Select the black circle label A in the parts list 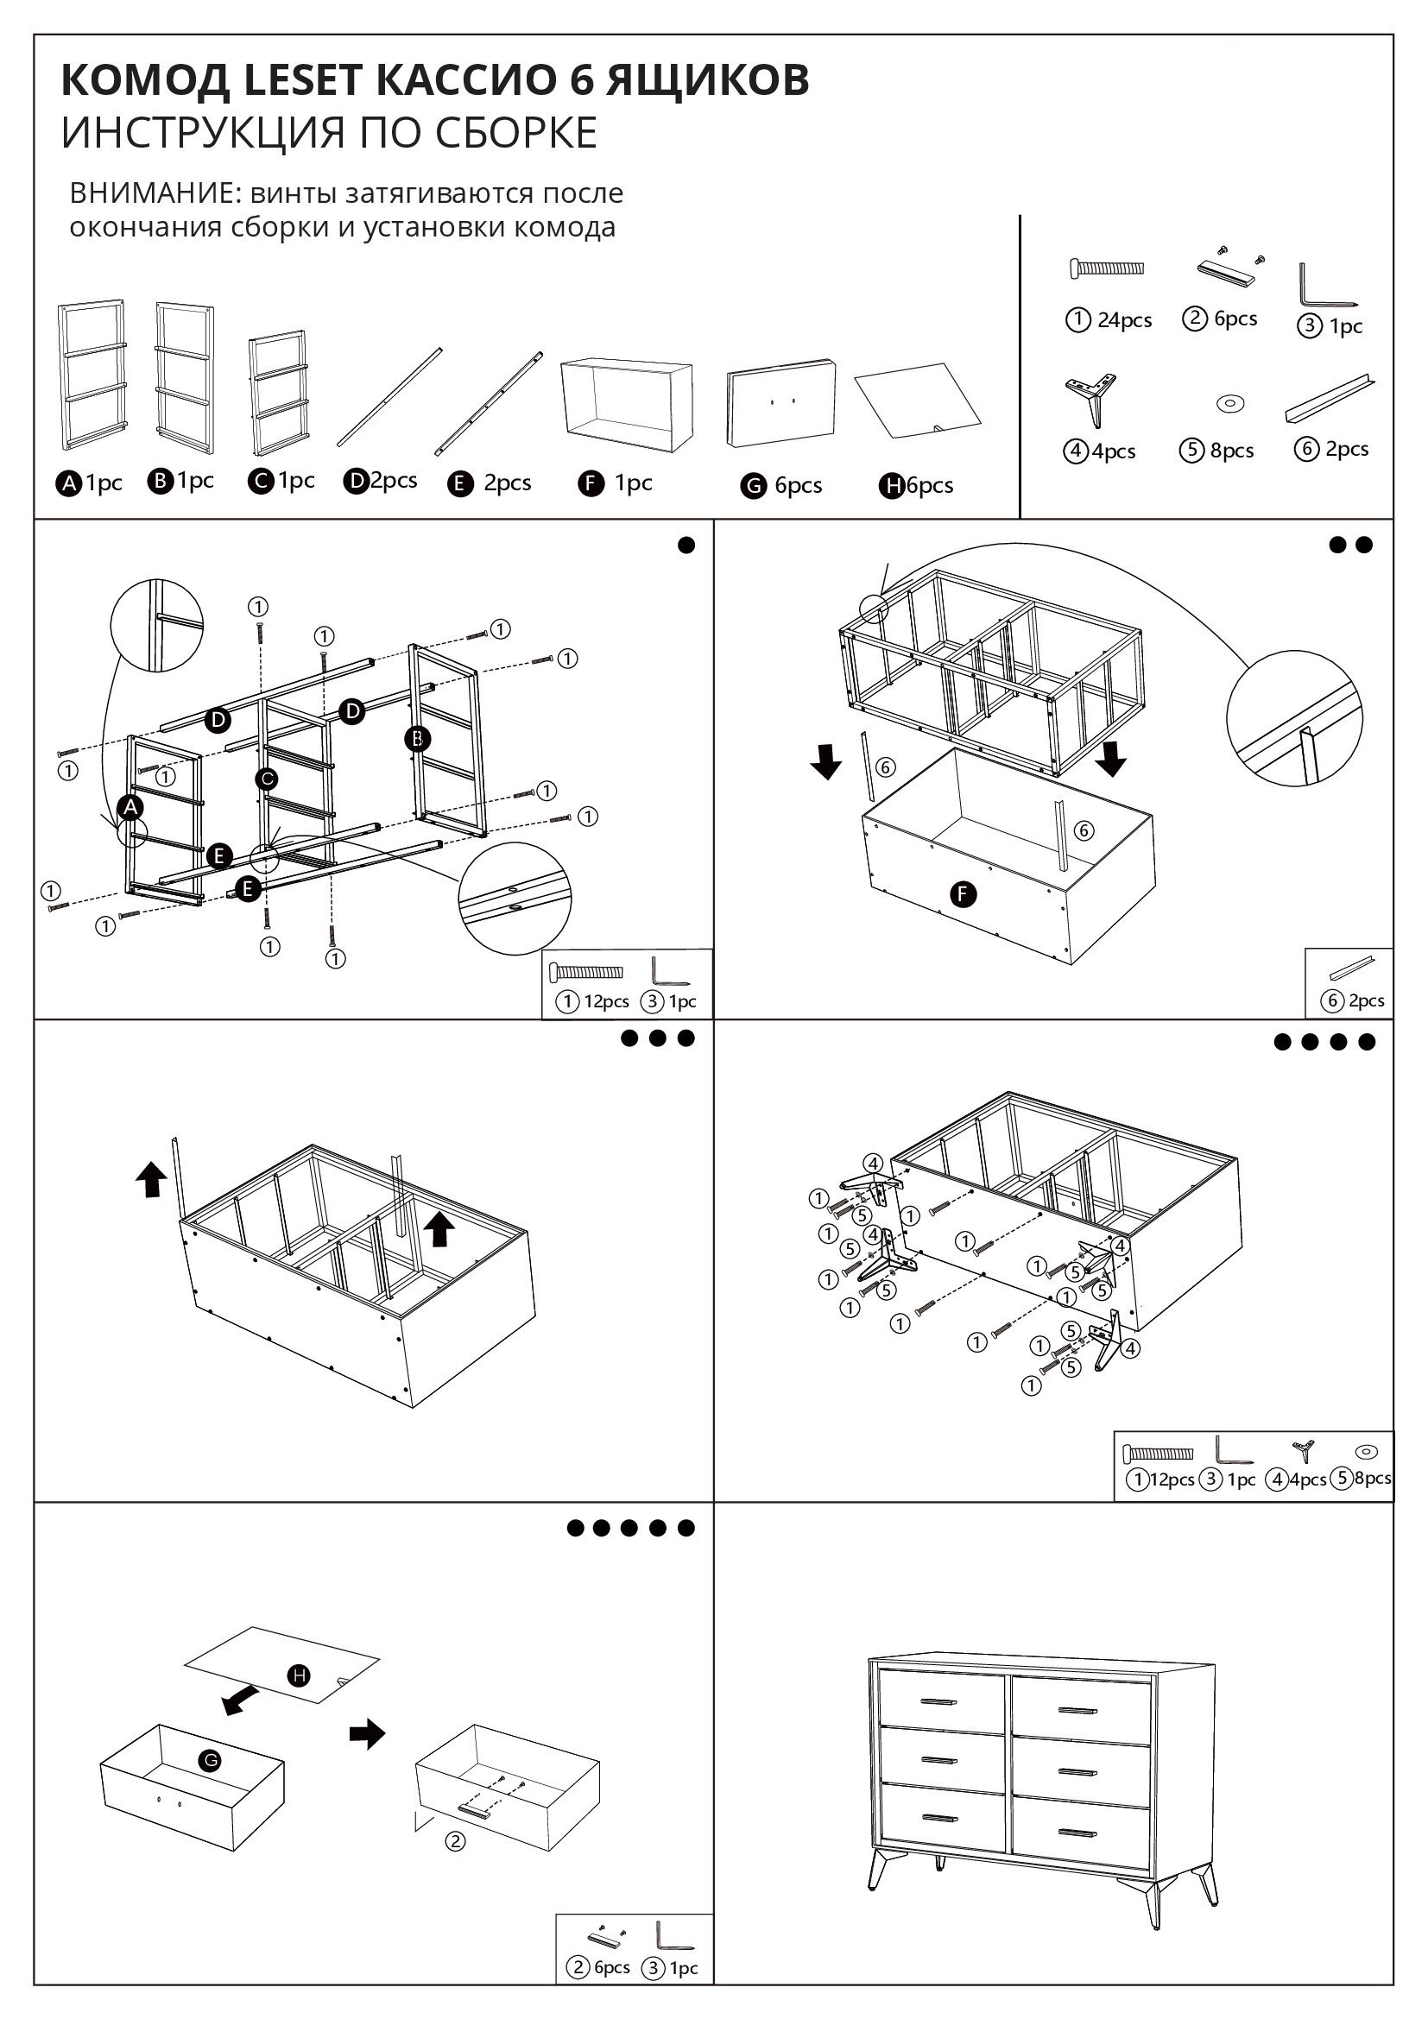[x=68, y=483]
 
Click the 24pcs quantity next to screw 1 [x=1124, y=320]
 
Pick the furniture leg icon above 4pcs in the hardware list [x=1091, y=398]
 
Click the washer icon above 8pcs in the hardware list [x=1229, y=404]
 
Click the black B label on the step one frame [x=418, y=739]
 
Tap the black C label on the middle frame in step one [x=266, y=779]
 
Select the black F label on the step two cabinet [x=964, y=894]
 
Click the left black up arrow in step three [x=151, y=1178]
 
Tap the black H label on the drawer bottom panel [x=300, y=1675]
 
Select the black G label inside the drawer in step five [x=209, y=1760]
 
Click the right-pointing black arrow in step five [x=368, y=1734]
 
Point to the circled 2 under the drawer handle [x=455, y=1840]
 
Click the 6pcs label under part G [x=798, y=485]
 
